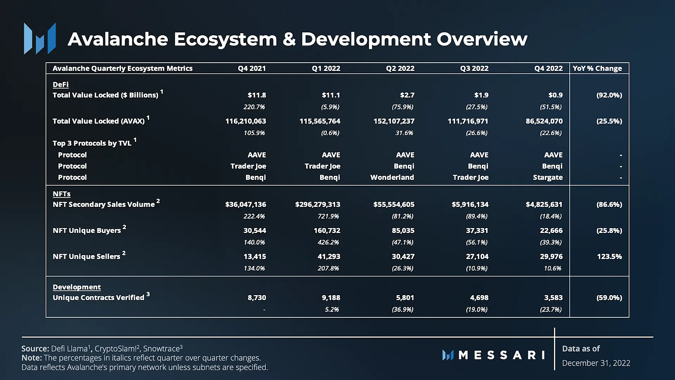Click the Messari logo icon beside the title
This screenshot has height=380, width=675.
[x=40, y=38]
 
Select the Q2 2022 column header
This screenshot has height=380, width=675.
[x=400, y=68]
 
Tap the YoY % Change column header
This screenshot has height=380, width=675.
[x=597, y=68]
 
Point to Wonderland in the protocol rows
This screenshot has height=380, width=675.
[x=392, y=177]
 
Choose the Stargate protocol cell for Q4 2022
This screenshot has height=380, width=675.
[x=548, y=177]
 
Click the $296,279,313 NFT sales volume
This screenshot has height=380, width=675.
[x=318, y=204]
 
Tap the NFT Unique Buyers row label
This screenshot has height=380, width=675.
[x=87, y=231]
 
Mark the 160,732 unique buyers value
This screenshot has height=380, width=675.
[x=327, y=231]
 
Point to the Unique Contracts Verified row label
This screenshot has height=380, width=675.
[x=98, y=298]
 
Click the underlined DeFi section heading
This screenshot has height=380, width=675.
[x=60, y=84]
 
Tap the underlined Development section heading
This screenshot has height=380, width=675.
[x=77, y=287]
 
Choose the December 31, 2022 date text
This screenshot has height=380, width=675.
[x=596, y=363]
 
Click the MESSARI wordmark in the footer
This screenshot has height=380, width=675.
[x=501, y=355]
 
